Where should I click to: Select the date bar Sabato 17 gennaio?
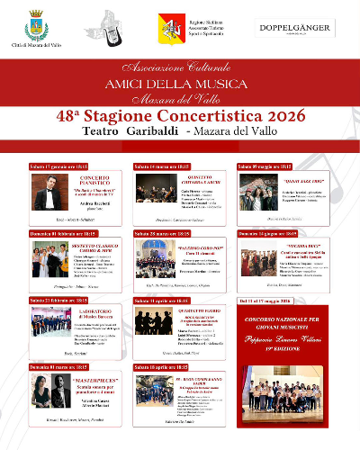pyautogui.click(x=69, y=166)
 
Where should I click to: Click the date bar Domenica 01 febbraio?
pyautogui.click(x=69, y=233)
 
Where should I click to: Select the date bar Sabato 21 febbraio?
pyautogui.click(x=69, y=300)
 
